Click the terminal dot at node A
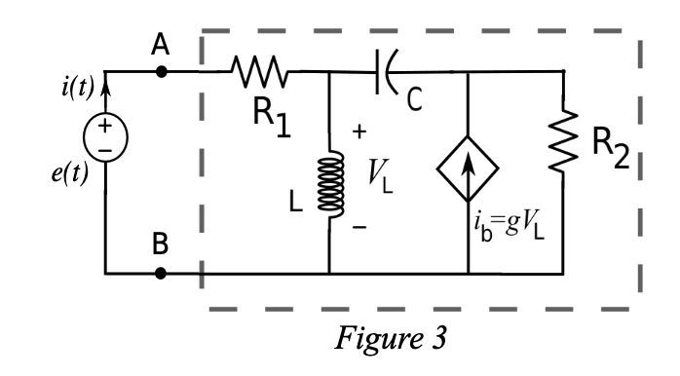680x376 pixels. [162, 71]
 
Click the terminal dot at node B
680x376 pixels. [162, 273]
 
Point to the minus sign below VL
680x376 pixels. [359, 226]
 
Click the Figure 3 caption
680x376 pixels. [392, 338]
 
